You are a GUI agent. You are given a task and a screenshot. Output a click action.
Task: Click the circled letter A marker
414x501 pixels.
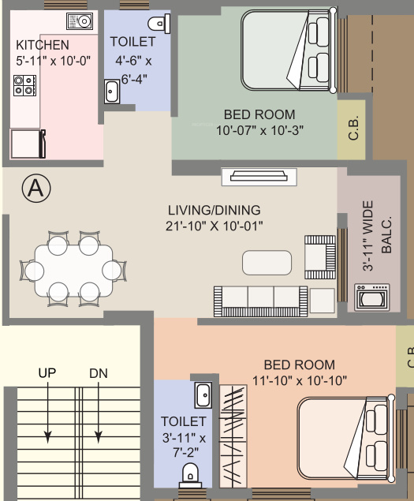pyautogui.click(x=35, y=188)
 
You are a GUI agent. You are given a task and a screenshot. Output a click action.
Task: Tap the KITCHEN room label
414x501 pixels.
pyautogui.click(x=43, y=45)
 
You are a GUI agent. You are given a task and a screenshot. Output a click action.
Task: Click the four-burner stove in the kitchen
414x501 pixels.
pyautogui.click(x=24, y=84)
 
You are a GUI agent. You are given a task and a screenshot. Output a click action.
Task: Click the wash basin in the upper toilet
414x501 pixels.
pyautogui.click(x=110, y=92)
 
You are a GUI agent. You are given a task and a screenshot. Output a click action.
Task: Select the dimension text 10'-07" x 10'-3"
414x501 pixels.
pyautogui.click(x=259, y=129)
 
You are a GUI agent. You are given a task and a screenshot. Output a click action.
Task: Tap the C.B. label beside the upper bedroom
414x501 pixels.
pyautogui.click(x=352, y=128)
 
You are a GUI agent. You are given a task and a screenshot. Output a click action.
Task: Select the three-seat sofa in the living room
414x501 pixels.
pyautogui.click(x=260, y=300)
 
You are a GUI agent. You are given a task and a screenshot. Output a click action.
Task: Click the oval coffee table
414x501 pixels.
pyautogui.click(x=267, y=261)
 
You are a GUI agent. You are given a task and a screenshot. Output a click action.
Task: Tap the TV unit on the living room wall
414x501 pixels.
pyautogui.click(x=258, y=176)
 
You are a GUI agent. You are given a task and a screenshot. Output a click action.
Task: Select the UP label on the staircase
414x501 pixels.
pyautogui.click(x=47, y=372)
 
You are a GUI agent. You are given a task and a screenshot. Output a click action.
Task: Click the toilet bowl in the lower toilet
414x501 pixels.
pyautogui.click(x=190, y=473)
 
